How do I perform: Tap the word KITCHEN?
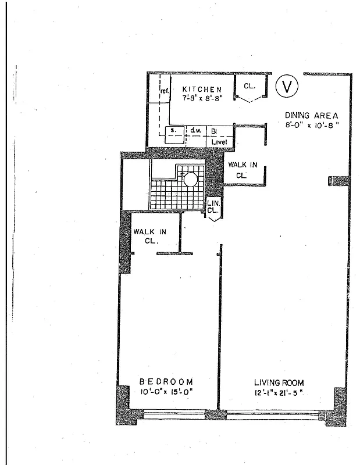pos(201,89)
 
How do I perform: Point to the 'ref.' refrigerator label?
pos(164,91)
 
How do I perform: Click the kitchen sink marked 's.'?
pos(173,134)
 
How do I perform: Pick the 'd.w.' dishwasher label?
pos(195,131)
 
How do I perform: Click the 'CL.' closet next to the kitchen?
pos(249,86)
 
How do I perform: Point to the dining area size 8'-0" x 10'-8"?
pos(311,124)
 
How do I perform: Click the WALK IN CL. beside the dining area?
pos(243,169)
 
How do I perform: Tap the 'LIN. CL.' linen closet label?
pos(212,207)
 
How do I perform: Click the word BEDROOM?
pos(166,381)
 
